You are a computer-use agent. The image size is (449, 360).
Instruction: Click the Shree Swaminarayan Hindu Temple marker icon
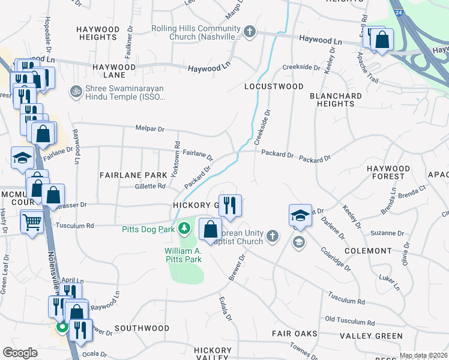click(x=76, y=91)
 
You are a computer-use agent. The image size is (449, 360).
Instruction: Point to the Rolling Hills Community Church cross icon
click(x=250, y=31)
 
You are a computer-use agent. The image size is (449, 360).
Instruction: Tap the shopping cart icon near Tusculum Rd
click(x=32, y=223)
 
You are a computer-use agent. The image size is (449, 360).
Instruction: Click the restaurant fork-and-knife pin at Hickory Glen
click(x=230, y=206)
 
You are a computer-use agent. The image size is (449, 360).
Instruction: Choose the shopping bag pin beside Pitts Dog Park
click(x=210, y=229)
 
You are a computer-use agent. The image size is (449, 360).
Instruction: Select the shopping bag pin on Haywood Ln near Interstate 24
click(x=382, y=40)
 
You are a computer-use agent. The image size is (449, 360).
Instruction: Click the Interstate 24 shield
click(x=397, y=12)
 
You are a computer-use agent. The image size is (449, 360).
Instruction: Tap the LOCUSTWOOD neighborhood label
click(x=274, y=86)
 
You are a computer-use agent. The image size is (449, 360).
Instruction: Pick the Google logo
click(x=20, y=353)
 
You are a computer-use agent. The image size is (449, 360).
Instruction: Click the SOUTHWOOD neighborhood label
click(x=142, y=328)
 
